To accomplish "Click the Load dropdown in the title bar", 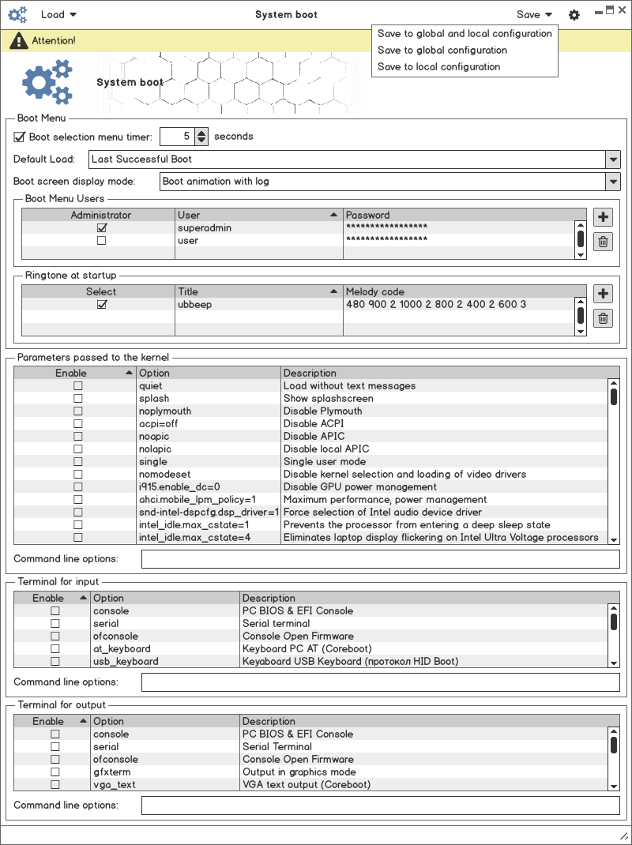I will (58, 14).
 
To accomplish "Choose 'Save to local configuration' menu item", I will (438, 67).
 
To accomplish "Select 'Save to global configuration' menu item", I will (442, 51).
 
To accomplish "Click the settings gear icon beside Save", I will (574, 15).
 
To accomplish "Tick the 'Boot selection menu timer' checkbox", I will (21, 137).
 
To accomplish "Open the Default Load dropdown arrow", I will (613, 160).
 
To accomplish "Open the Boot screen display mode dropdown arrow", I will (613, 182).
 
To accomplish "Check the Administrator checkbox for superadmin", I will (101, 228).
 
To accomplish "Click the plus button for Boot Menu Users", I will (603, 217).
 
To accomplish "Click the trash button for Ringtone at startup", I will (603, 318).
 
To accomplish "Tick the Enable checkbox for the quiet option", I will (78, 386).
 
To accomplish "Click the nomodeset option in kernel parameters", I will (164, 475).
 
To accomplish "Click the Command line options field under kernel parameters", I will (380, 559).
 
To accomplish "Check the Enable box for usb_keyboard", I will (55, 662).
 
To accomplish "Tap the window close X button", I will (622, 9).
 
